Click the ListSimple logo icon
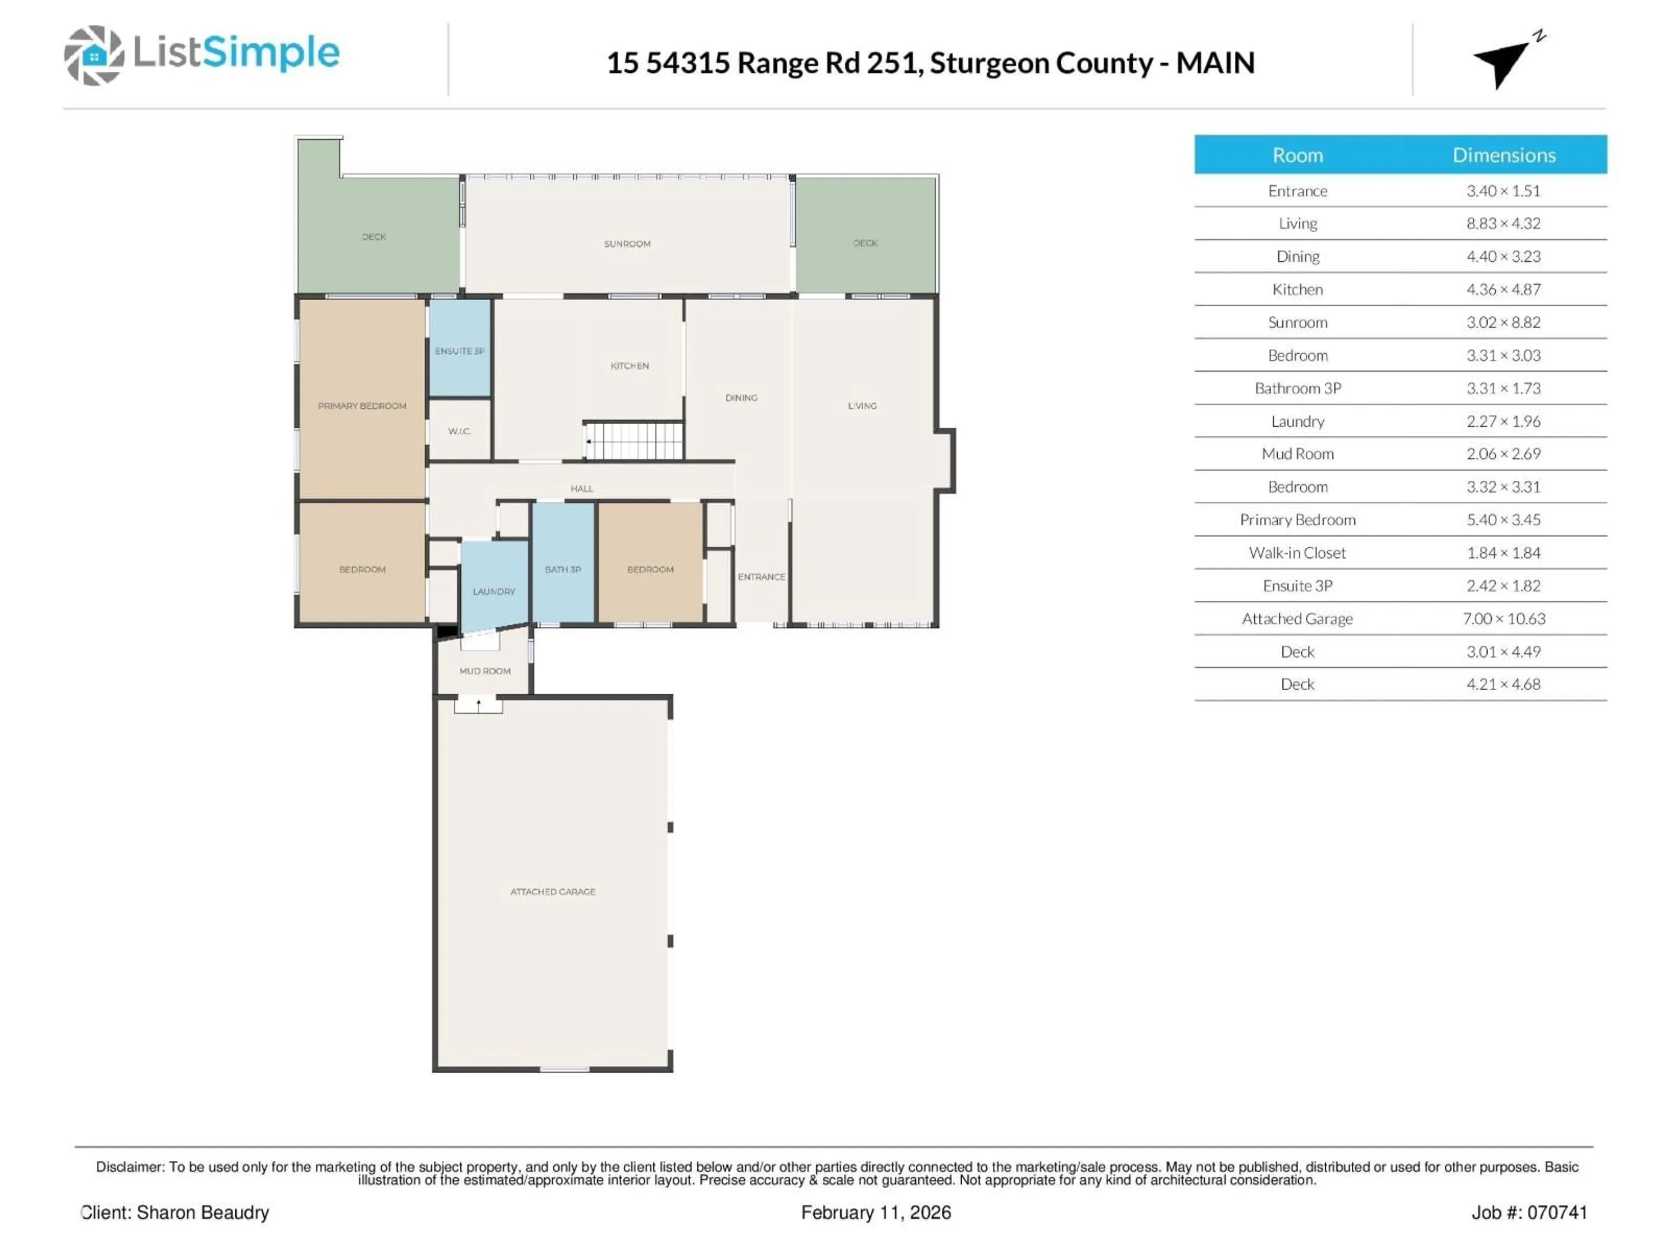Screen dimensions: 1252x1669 [x=93, y=55]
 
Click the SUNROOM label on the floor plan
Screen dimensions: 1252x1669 [x=627, y=244]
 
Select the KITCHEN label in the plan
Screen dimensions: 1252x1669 [x=629, y=366]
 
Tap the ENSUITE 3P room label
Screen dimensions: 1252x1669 [x=459, y=351]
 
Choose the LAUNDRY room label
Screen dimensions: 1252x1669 [x=493, y=592]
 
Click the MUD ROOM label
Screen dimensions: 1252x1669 [x=485, y=671]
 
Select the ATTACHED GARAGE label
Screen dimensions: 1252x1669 [x=552, y=892]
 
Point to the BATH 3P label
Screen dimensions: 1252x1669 [x=563, y=570]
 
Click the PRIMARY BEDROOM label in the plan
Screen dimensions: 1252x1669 [x=362, y=406]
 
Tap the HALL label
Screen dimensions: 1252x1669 [x=582, y=489]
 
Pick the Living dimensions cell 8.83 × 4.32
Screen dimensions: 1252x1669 [x=1503, y=223]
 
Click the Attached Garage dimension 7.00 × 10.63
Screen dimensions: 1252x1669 [x=1503, y=619]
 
